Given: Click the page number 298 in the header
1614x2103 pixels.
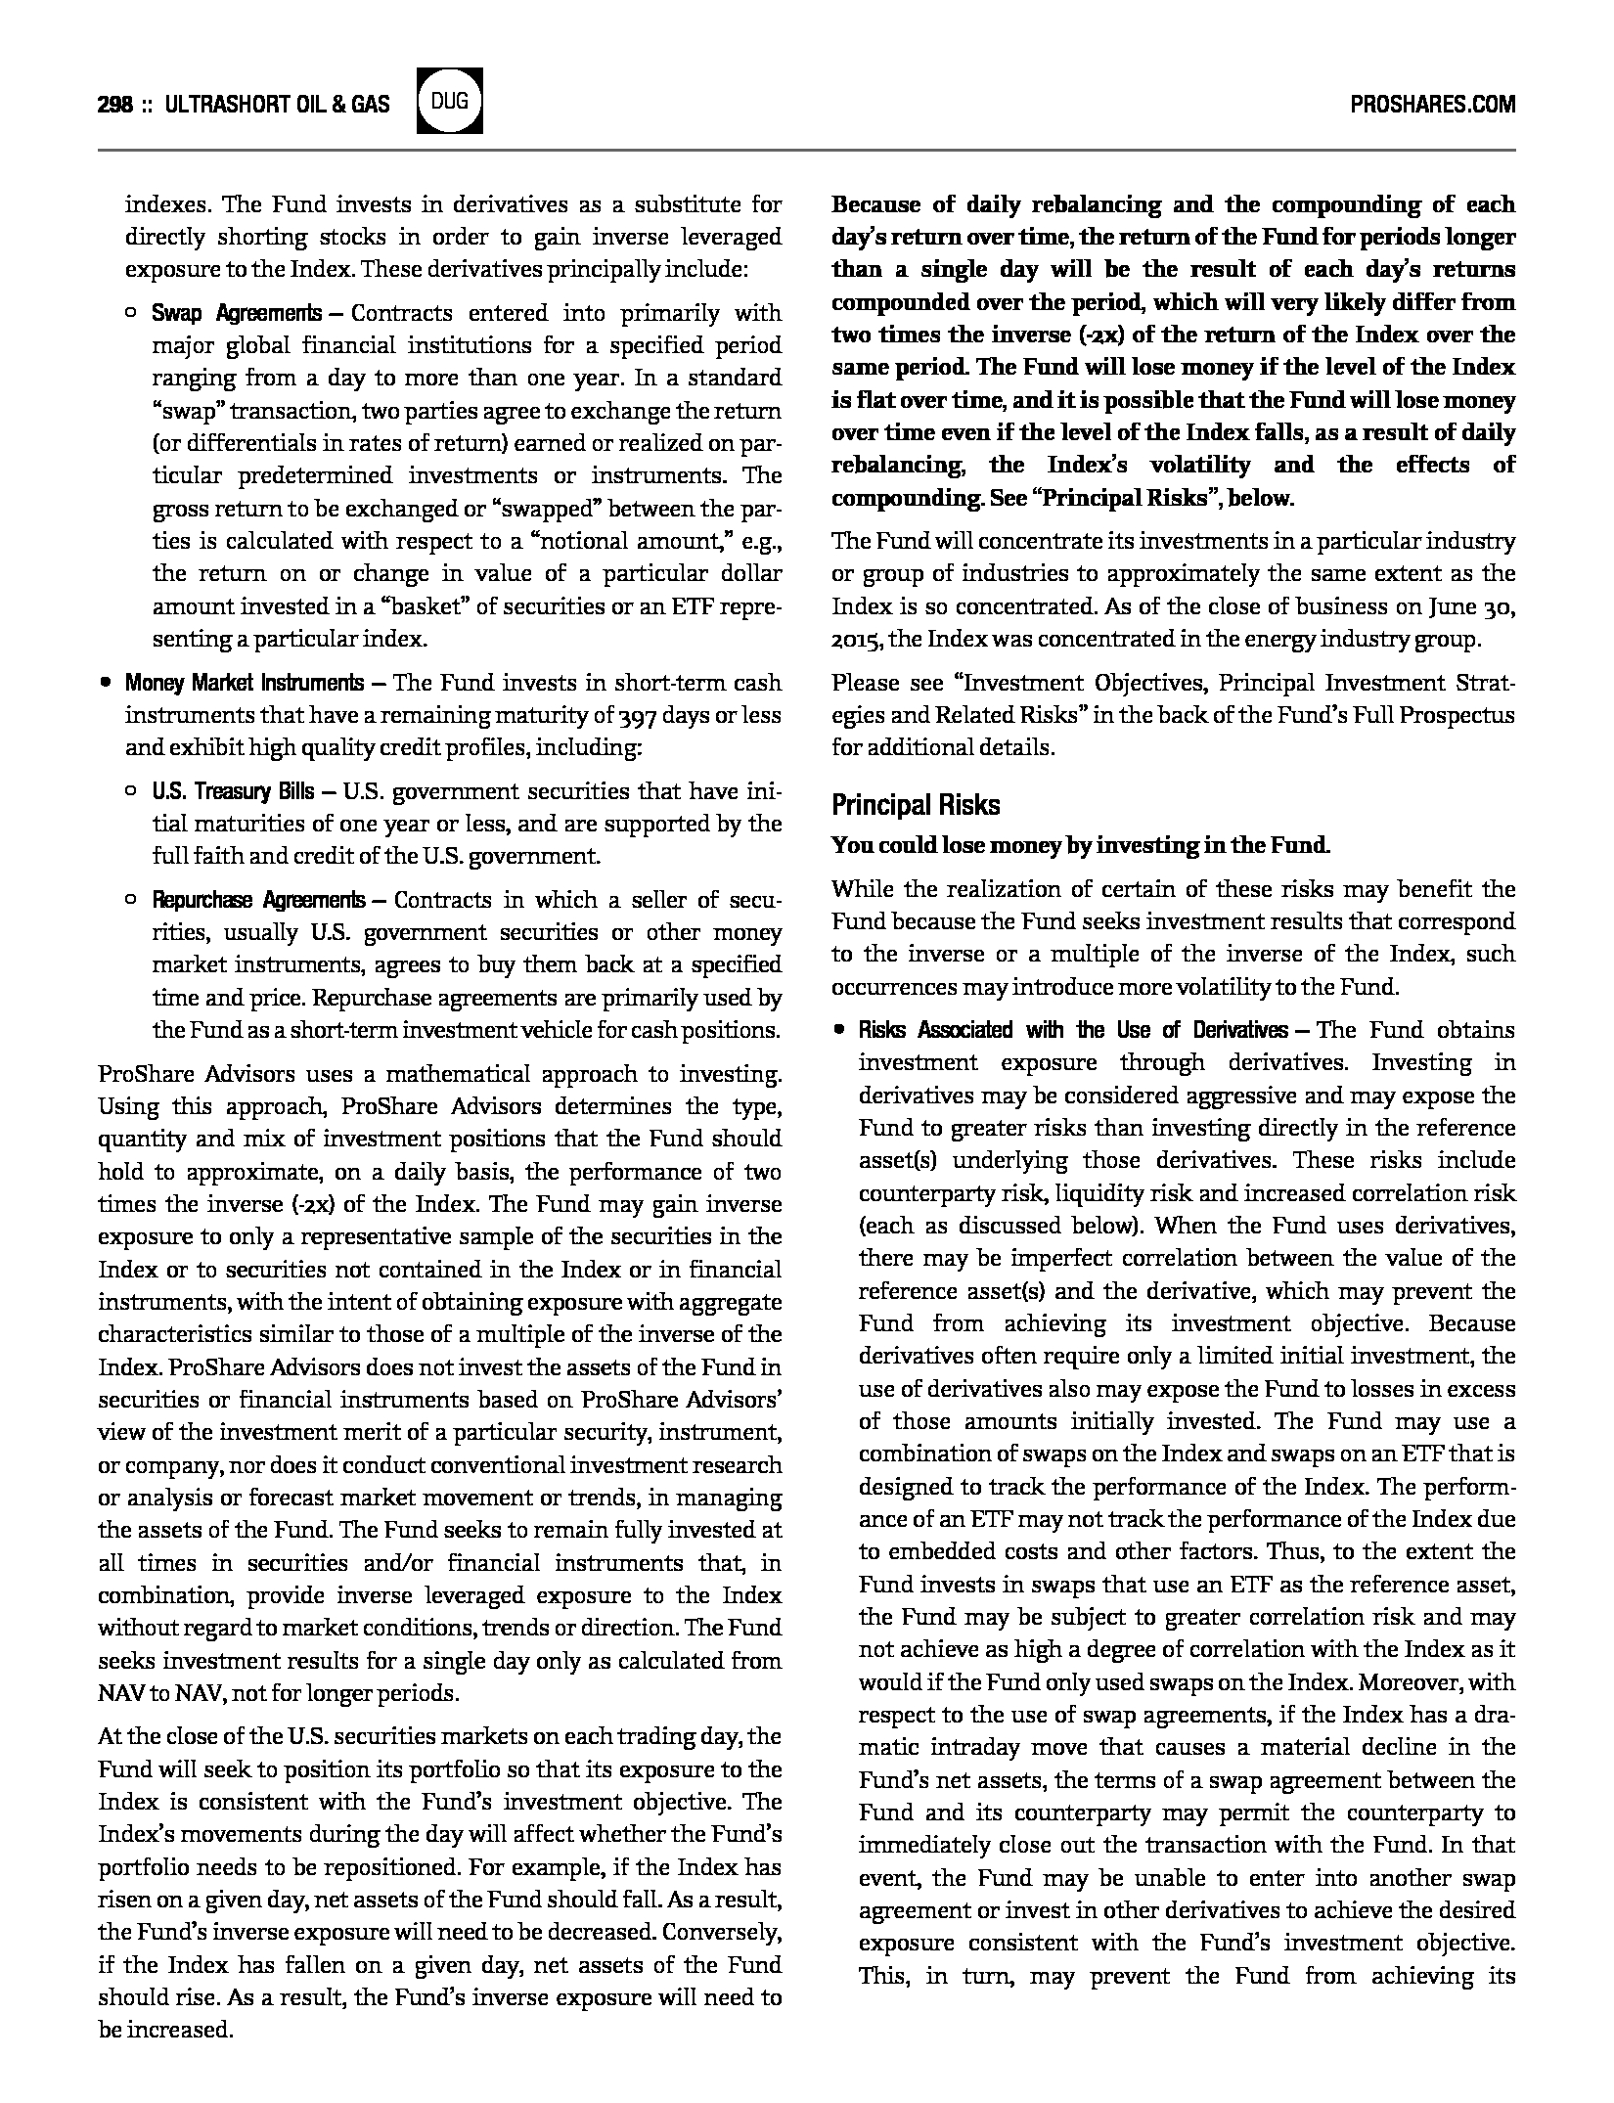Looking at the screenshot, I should coord(114,105).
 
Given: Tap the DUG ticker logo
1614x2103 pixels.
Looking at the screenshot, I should coord(449,101).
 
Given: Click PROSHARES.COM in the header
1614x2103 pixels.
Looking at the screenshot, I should coord(1432,105).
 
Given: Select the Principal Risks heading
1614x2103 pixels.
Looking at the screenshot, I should coord(916,805).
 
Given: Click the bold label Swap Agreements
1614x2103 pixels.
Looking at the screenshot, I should coord(236,313).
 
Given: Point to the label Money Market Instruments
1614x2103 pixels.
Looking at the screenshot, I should coord(244,682).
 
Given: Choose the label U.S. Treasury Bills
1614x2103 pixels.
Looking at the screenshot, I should coord(233,790).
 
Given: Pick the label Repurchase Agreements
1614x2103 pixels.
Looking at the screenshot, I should coord(258,899).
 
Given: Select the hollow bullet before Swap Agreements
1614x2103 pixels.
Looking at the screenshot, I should coord(131,313).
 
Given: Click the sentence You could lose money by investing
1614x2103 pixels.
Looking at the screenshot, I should coord(1080,845).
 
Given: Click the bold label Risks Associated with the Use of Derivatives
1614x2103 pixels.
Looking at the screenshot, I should coord(1073,1030).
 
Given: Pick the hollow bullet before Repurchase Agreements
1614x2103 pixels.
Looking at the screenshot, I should coord(131,899).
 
